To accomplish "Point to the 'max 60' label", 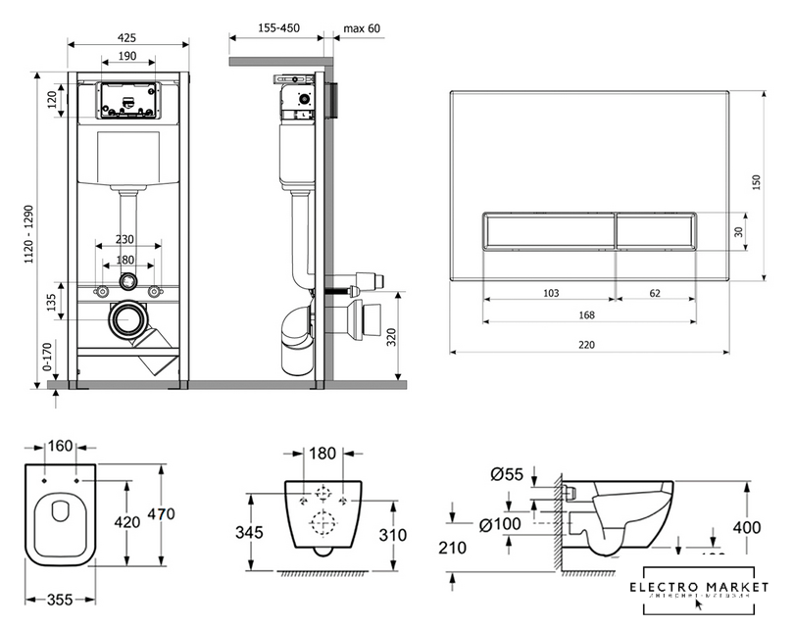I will (361, 27).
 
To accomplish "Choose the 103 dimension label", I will (552, 291).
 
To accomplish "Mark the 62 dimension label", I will (655, 291).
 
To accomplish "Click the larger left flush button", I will (548, 233).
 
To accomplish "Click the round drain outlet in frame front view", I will (126, 319).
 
